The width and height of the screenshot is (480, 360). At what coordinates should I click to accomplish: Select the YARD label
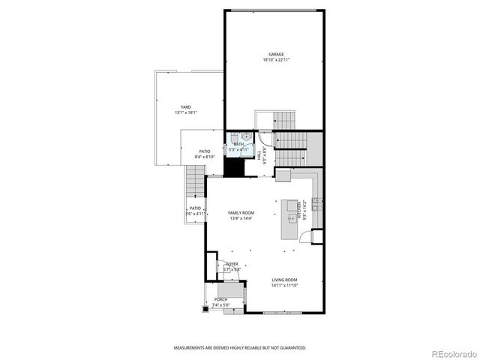point(185,107)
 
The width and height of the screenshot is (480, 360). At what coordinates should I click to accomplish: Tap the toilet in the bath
point(235,136)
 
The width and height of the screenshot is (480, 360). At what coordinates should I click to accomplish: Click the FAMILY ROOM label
point(241,213)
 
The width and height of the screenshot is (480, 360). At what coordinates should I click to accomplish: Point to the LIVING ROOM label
point(284,280)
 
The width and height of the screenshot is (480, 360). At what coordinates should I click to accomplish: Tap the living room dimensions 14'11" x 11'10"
point(284,286)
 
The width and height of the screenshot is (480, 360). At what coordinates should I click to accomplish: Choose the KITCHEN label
point(298,210)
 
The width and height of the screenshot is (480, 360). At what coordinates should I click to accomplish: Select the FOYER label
point(232,264)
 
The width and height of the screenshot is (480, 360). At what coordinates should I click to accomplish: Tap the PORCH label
point(220,299)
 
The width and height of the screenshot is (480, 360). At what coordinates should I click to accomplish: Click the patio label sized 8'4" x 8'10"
point(205,151)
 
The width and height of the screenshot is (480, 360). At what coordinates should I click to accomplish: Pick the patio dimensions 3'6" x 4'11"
point(195,214)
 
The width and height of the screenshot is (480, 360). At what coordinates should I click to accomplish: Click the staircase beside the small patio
point(194,183)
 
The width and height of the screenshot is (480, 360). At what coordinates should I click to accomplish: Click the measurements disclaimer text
point(240,348)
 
